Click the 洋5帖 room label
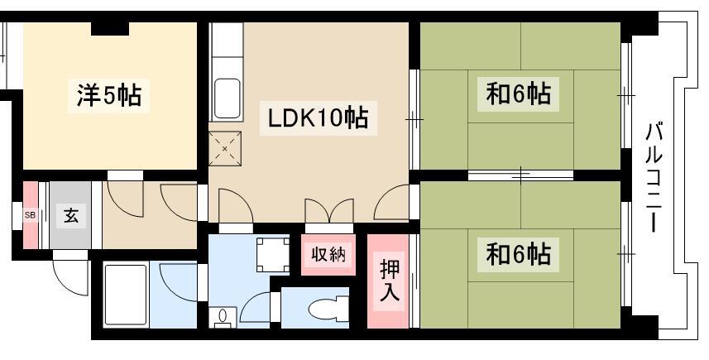109,95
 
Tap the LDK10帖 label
318,118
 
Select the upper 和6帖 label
519,94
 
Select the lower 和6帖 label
519,255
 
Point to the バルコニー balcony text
654,176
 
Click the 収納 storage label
328,255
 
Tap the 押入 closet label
390,281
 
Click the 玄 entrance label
71,216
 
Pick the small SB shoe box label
30,216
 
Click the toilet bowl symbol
328,310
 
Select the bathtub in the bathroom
126,295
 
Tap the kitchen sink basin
227,98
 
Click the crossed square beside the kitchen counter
225,148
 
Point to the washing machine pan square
273,255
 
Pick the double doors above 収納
329,211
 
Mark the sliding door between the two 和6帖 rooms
520,175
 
